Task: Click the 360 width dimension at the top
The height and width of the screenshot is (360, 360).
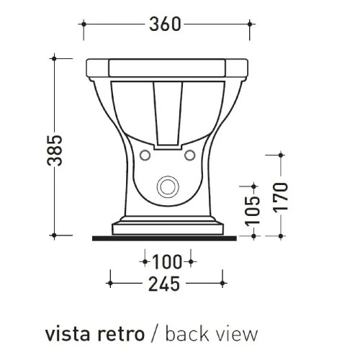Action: (x=168, y=24)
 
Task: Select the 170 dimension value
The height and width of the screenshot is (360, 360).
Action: (x=280, y=194)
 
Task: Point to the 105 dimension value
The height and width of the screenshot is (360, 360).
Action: (x=251, y=210)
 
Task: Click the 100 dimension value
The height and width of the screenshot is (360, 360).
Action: (x=168, y=259)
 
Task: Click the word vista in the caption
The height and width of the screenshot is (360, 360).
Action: (x=68, y=334)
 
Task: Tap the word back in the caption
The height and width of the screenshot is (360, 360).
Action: (x=187, y=334)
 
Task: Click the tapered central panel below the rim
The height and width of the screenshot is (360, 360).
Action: (x=168, y=108)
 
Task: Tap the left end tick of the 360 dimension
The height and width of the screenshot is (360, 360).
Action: (x=85, y=24)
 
